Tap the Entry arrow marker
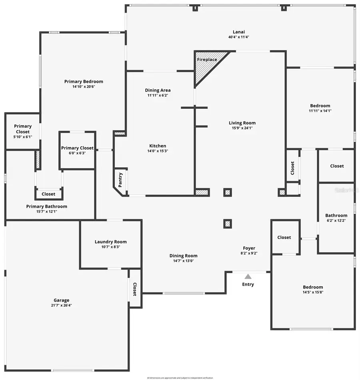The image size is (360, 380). pos(248,276)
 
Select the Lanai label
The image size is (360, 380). pos(239,32)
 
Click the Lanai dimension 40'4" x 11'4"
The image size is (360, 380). pos(239,37)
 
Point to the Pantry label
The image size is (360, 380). pos(120,180)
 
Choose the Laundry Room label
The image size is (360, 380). pos(110,241)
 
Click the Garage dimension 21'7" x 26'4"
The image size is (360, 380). pos(62,305)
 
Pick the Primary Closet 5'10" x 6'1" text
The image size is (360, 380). pos(22,137)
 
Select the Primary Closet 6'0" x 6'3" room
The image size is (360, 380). pos(77,150)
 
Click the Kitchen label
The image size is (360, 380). pos(158,146)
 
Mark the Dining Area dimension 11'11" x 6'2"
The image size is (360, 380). pos(158,95)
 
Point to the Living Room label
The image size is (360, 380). pos(242,123)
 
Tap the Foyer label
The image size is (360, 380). pos(249,248)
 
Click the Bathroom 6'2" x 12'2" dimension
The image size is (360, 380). pos(336,220)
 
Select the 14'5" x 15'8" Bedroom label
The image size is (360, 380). pos(313,287)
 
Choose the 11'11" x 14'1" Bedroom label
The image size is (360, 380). pos(320,106)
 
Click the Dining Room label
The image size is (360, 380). pos(183,256)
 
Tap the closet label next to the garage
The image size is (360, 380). pos(135,289)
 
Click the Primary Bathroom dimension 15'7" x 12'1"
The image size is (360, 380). pos(46,211)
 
